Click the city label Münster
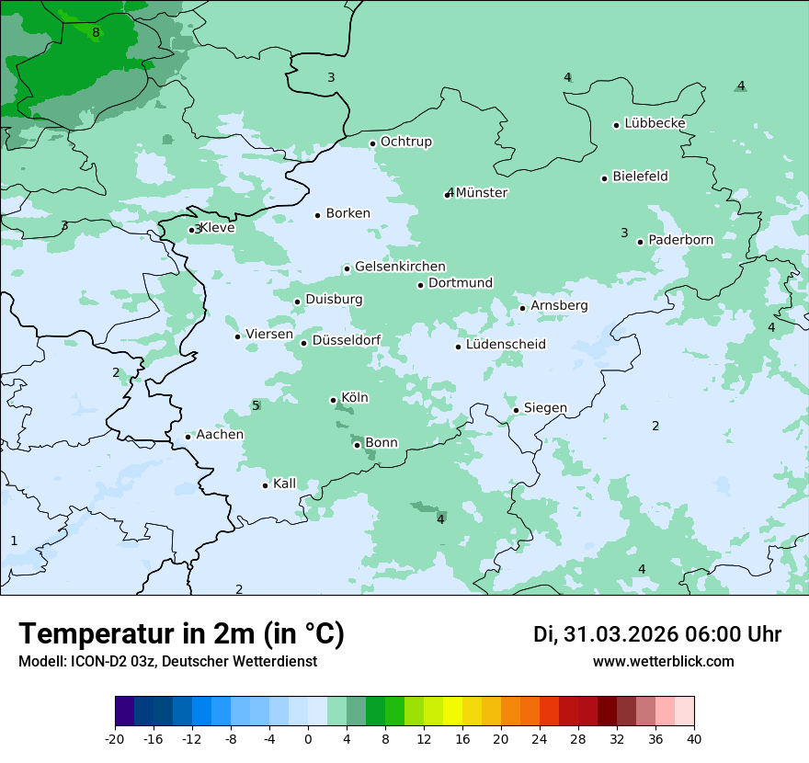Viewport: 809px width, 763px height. (x=482, y=193)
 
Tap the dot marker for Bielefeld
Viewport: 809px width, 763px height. (x=605, y=178)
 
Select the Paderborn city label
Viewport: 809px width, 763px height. (x=680, y=240)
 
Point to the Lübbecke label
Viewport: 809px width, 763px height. (x=655, y=123)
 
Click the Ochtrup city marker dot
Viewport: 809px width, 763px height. (x=373, y=143)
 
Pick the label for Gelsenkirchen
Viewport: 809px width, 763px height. (x=400, y=267)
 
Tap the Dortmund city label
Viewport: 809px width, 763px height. (x=461, y=283)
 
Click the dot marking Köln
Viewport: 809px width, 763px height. (x=334, y=400)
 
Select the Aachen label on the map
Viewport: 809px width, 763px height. (x=220, y=435)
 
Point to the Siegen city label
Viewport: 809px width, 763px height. (x=545, y=408)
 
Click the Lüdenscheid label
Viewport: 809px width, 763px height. (x=506, y=345)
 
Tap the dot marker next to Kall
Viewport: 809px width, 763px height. (x=266, y=485)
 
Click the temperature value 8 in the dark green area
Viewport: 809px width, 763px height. (x=96, y=33)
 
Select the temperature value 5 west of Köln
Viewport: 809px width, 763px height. (x=256, y=405)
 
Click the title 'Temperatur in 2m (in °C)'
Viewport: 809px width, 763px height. (x=182, y=634)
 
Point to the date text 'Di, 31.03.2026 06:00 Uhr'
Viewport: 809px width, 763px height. (x=657, y=634)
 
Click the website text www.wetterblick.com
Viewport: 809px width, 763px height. (x=663, y=662)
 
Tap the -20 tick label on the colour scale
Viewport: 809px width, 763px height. (x=115, y=739)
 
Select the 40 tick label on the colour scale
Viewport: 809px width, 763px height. (x=694, y=739)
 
